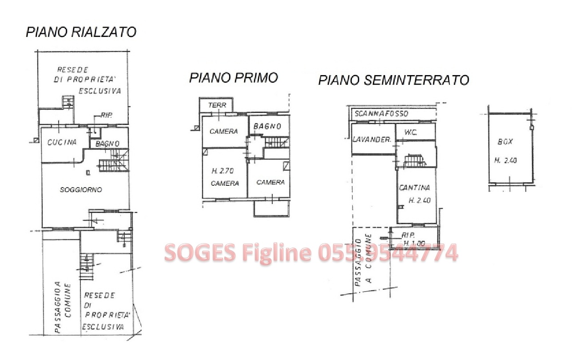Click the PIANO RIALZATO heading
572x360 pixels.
pos(81,32)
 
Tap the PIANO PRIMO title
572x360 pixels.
pos(234,78)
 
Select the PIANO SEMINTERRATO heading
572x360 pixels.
pos(393,80)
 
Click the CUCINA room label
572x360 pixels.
pos(62,142)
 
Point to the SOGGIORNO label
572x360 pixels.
pos(81,190)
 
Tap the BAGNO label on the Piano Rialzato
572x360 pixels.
pos(107,144)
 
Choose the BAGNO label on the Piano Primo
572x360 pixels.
pos(267,126)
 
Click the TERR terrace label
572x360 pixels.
pos(217,105)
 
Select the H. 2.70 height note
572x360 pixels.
pos(222,171)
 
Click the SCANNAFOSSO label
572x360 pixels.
pos(381,113)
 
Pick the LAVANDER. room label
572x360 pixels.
pos(372,140)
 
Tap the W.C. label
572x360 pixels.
pos(411,132)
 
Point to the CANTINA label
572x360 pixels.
pos(414,188)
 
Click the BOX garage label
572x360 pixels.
pos(505,141)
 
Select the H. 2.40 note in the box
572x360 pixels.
pos(505,160)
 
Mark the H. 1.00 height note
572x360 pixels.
pos(414,243)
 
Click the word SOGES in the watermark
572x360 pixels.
pos(200,252)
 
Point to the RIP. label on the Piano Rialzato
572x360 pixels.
pos(107,116)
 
